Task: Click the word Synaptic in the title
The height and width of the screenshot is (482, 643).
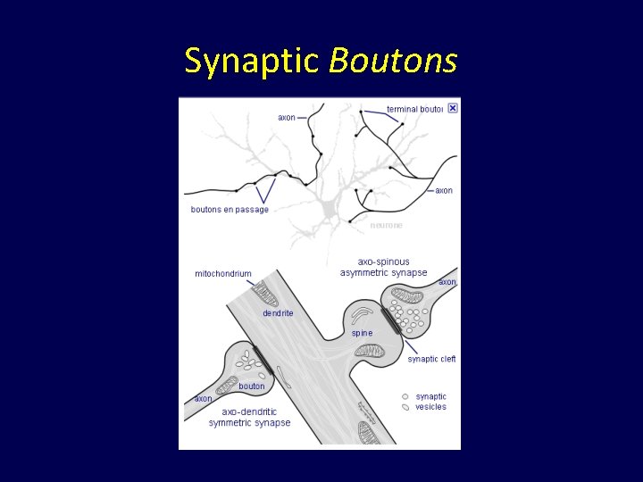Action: click(x=251, y=62)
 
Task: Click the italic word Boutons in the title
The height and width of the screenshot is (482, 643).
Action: click(x=393, y=61)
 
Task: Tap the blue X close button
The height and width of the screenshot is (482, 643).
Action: click(x=452, y=108)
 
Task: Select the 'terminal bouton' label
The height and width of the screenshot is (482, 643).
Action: click(x=414, y=110)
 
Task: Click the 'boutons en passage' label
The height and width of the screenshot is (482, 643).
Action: click(x=230, y=210)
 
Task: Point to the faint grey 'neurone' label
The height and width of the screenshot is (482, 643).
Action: click(x=387, y=225)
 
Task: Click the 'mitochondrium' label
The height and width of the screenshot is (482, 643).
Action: click(x=223, y=274)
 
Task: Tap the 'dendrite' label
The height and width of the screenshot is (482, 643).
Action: click(x=278, y=313)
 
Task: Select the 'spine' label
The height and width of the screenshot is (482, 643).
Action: click(x=362, y=333)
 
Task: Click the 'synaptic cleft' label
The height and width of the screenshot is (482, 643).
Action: click(x=431, y=359)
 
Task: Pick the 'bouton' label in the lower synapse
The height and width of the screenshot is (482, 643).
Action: click(x=251, y=386)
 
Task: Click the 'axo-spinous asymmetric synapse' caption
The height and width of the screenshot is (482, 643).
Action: click(x=383, y=267)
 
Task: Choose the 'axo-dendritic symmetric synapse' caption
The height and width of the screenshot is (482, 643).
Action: click(x=249, y=417)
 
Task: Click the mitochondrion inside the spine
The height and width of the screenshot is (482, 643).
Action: click(x=369, y=351)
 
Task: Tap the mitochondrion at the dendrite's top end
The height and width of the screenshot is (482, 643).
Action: click(x=264, y=294)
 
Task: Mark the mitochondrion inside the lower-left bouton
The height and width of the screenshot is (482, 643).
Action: click(x=227, y=386)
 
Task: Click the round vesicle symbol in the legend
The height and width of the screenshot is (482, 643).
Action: click(x=405, y=396)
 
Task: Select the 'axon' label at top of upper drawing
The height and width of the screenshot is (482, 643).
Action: click(x=287, y=118)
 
